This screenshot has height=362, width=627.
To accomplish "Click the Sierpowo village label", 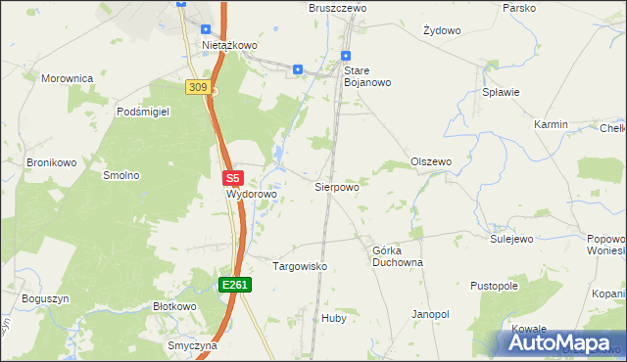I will coord(336,186).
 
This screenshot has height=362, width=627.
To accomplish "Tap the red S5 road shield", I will coord(232,179).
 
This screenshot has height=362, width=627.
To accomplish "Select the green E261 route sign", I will coord(235,285).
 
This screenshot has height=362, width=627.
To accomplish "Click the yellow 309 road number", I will coord(198,88).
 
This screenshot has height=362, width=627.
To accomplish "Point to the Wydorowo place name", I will coord(253,195).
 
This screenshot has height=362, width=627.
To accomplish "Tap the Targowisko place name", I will coord(299,266).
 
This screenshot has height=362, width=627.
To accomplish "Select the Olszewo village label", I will coord(431,161).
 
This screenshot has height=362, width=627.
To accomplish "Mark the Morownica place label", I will coord(67,77).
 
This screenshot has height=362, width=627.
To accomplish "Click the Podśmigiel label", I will coord(143,113).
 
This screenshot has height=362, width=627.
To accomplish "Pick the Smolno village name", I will coord(121,176).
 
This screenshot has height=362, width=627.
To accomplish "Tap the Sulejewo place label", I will coord(510,239).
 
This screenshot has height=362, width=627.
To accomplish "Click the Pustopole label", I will coord(494,287).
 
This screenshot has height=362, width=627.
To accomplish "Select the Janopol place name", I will coord(430,314).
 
